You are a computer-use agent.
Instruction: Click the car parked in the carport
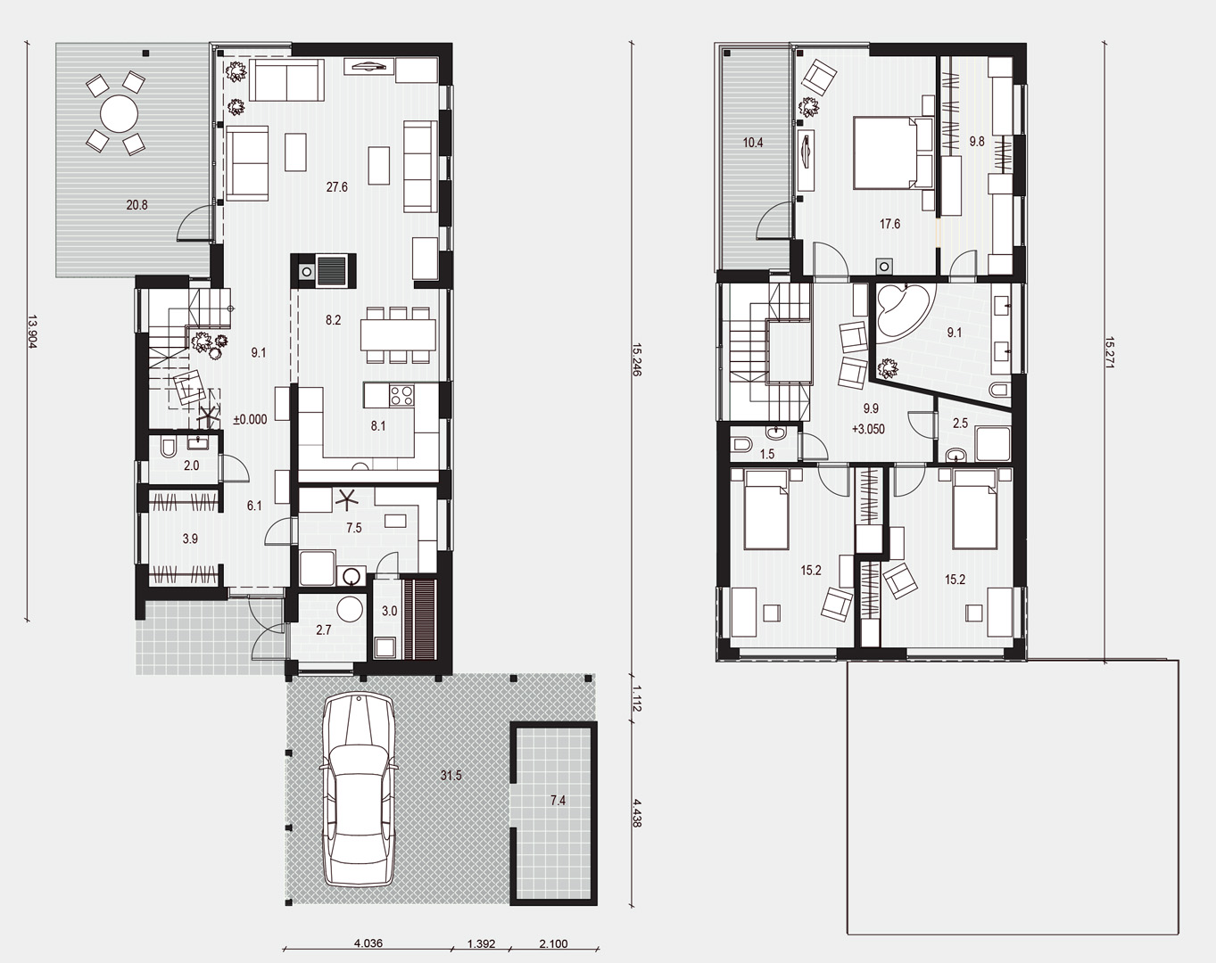(x=358, y=790)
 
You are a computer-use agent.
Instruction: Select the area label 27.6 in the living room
(x=336, y=187)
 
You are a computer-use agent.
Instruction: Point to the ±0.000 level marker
(x=251, y=419)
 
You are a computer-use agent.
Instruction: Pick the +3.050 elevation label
(x=868, y=429)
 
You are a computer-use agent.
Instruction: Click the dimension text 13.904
(x=31, y=331)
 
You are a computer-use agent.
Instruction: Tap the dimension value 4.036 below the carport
(x=368, y=943)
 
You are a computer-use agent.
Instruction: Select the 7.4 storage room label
(x=558, y=800)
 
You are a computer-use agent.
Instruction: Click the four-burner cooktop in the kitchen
(x=401, y=394)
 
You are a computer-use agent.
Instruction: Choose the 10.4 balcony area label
(x=753, y=143)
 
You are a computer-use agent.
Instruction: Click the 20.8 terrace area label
(x=136, y=205)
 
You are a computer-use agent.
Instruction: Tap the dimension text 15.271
(x=1109, y=353)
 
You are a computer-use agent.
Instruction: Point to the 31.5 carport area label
(x=451, y=776)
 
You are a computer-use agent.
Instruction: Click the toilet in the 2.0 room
(x=169, y=448)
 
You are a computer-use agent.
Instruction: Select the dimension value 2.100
(x=554, y=943)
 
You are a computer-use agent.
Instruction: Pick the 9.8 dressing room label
(x=977, y=142)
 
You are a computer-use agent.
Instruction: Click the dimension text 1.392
(x=481, y=943)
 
